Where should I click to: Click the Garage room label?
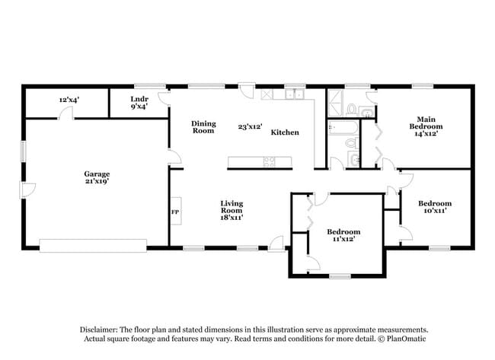97,178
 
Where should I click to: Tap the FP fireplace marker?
174,212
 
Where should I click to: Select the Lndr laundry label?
139,103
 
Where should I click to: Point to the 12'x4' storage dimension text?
70,100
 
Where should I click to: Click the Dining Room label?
203,127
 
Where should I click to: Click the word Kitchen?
285,132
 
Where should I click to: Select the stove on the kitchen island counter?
270,161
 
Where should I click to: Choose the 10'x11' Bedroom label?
435,208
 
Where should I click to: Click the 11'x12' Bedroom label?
343,235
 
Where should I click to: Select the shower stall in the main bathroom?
336,103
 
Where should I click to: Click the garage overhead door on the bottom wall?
92,245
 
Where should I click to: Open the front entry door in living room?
276,244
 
